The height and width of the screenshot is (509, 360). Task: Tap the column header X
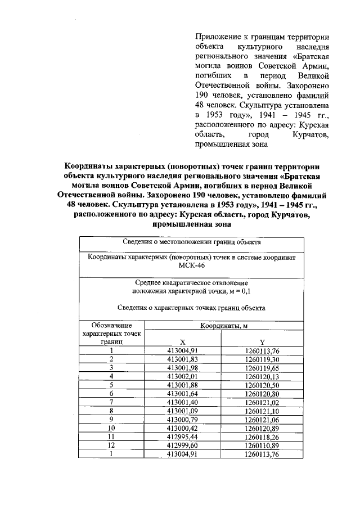pos(182,342)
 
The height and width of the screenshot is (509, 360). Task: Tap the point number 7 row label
pos(111,402)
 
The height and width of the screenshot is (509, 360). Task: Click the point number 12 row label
pos(111,445)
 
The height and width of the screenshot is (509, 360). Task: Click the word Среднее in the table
pos(149,283)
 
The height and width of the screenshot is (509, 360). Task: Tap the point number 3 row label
pos(111,367)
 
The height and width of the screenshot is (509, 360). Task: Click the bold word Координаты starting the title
pos(88,167)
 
